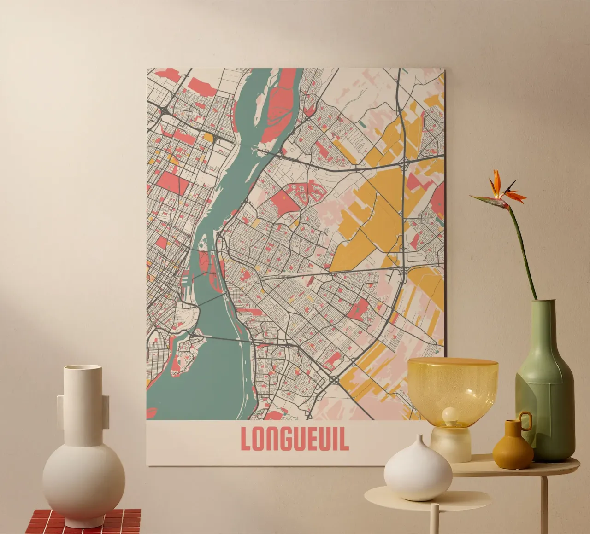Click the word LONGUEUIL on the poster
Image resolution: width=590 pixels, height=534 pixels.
pos(295,439)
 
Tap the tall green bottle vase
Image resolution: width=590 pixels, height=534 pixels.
pos(546,391)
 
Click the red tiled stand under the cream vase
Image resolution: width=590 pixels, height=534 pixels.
pos(83,522)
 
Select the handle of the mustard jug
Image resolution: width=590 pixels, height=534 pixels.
pos(525,420)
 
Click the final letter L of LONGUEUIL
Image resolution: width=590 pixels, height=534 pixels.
pos(343,439)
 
